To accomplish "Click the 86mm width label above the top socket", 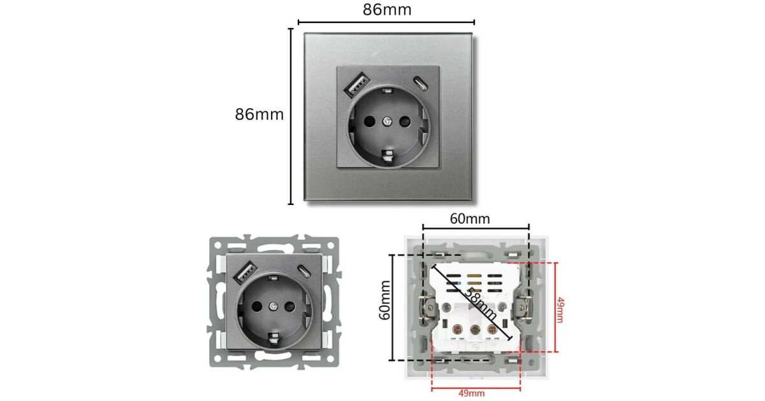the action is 387,10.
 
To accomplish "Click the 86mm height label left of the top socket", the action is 259,114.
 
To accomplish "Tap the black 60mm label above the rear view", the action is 470,219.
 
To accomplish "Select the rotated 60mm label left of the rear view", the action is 385,300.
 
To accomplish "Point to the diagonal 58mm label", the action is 481,304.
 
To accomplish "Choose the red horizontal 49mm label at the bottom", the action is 471,393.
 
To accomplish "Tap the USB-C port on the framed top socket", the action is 420,83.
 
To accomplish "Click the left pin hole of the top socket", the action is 369,121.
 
